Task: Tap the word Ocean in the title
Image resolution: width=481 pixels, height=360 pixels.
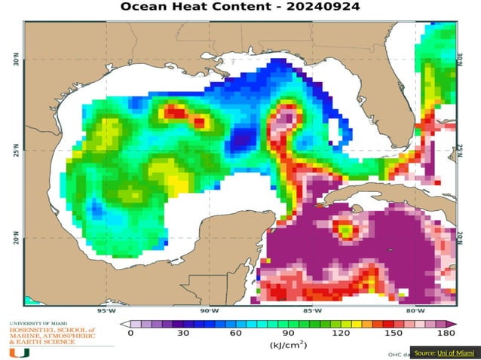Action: (148, 7)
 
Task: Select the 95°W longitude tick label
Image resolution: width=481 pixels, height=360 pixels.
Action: (106, 310)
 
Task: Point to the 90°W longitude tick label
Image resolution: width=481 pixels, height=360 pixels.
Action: (210, 310)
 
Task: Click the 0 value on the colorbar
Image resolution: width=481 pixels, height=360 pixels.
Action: (130, 332)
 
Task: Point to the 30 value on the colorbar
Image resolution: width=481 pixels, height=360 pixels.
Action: (183, 332)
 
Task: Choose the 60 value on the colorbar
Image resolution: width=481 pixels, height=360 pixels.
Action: (236, 332)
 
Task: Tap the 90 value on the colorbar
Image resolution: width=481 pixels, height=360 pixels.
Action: (289, 332)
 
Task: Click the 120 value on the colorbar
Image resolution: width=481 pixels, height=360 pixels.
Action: (341, 332)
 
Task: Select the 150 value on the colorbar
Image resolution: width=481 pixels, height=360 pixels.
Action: (394, 332)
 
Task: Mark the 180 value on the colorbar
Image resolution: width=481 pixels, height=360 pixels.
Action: (446, 332)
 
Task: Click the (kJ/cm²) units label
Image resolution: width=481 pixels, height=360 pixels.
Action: (288, 345)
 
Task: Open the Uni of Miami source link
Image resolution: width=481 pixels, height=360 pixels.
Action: (459, 352)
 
